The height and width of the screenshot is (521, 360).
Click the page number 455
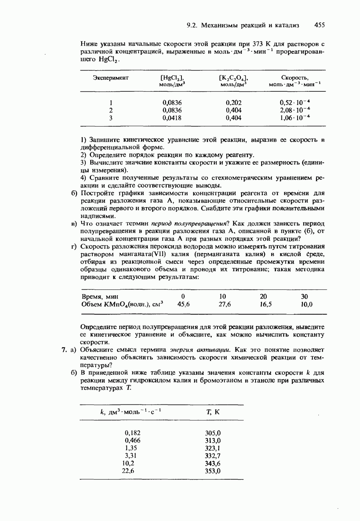(x=320, y=25)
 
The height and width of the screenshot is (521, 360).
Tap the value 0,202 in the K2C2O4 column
(x=234, y=102)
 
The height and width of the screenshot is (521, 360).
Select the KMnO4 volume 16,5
(x=265, y=304)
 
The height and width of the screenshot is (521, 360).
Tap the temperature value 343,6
(x=213, y=463)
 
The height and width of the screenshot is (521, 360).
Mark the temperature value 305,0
(x=213, y=433)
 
